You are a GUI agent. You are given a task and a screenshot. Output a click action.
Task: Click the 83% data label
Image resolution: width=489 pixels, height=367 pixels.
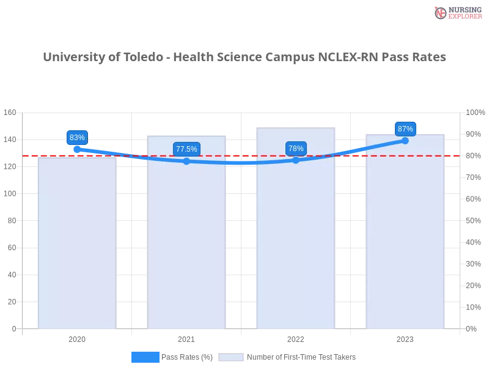(77, 138)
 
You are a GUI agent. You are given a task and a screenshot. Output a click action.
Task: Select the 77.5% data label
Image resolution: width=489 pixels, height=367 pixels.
(186, 149)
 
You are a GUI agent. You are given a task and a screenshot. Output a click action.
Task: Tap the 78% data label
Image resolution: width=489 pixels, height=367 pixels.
(296, 149)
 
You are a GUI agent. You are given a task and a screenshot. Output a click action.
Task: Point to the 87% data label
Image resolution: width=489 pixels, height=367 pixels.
(405, 129)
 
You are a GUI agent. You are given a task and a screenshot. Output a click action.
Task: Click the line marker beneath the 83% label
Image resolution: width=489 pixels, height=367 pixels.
(77, 149)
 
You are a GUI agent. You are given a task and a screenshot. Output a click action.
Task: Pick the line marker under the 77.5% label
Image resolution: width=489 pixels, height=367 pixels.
(186, 161)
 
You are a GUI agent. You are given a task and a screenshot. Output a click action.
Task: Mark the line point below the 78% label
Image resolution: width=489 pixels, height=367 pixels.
(296, 160)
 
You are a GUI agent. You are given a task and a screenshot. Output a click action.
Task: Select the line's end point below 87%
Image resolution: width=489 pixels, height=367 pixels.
(405, 141)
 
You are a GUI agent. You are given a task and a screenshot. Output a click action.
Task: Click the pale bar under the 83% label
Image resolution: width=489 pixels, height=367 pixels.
(77, 245)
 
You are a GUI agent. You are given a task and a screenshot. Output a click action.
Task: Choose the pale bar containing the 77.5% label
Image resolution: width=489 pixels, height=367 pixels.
(186, 245)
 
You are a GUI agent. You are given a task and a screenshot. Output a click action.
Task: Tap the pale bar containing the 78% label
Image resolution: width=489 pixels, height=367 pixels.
(296, 245)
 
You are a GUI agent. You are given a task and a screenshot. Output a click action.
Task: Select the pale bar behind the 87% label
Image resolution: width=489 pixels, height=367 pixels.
(405, 245)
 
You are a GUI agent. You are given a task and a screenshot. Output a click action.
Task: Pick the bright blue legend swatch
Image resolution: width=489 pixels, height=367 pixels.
(145, 357)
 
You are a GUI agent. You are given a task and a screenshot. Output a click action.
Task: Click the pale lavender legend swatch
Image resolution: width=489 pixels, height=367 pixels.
(231, 357)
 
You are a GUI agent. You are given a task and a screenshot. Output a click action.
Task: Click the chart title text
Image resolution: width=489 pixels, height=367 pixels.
(244, 57)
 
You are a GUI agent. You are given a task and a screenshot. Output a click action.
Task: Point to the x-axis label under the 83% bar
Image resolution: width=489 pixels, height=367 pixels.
(77, 338)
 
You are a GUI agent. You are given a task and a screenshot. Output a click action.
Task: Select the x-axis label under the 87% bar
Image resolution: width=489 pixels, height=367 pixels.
(405, 338)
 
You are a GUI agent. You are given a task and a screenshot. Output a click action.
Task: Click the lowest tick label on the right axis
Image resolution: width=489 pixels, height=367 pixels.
(472, 328)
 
